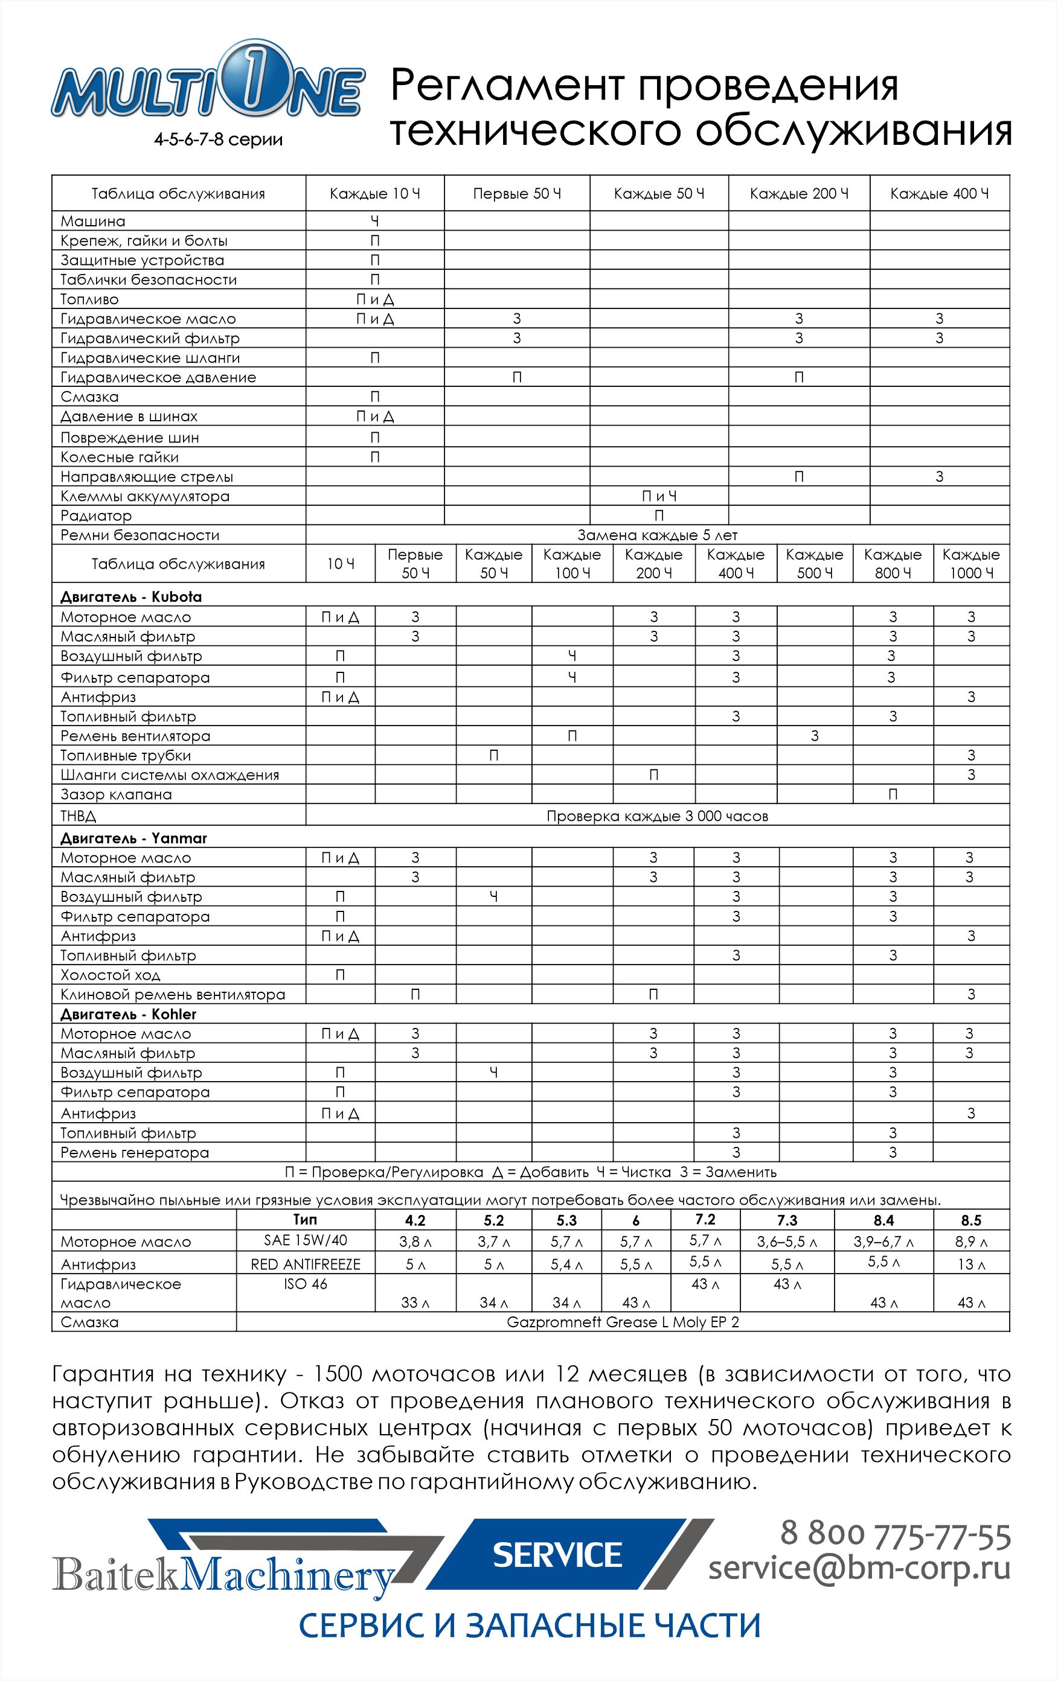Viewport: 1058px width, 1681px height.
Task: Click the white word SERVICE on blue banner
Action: coord(557,1555)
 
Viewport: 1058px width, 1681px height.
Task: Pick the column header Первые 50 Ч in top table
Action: coord(517,193)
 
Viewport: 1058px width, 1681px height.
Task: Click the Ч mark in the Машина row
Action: coord(375,222)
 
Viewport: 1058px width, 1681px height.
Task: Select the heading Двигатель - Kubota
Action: coord(130,597)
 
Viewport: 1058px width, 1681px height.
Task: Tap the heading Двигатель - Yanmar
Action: coord(133,838)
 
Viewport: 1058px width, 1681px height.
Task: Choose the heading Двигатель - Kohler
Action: coord(128,1013)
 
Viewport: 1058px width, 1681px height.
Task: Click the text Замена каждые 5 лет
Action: coord(657,535)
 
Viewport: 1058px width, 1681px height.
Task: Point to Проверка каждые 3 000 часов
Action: coord(657,816)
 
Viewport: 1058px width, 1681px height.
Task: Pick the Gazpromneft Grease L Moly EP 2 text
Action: coord(622,1321)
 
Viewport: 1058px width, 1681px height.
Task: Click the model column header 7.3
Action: coord(786,1220)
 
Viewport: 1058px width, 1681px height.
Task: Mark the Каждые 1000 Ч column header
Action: coord(970,563)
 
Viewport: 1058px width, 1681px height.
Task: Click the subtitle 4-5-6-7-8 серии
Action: coord(218,139)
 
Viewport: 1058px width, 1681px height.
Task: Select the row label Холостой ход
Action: coord(110,975)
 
